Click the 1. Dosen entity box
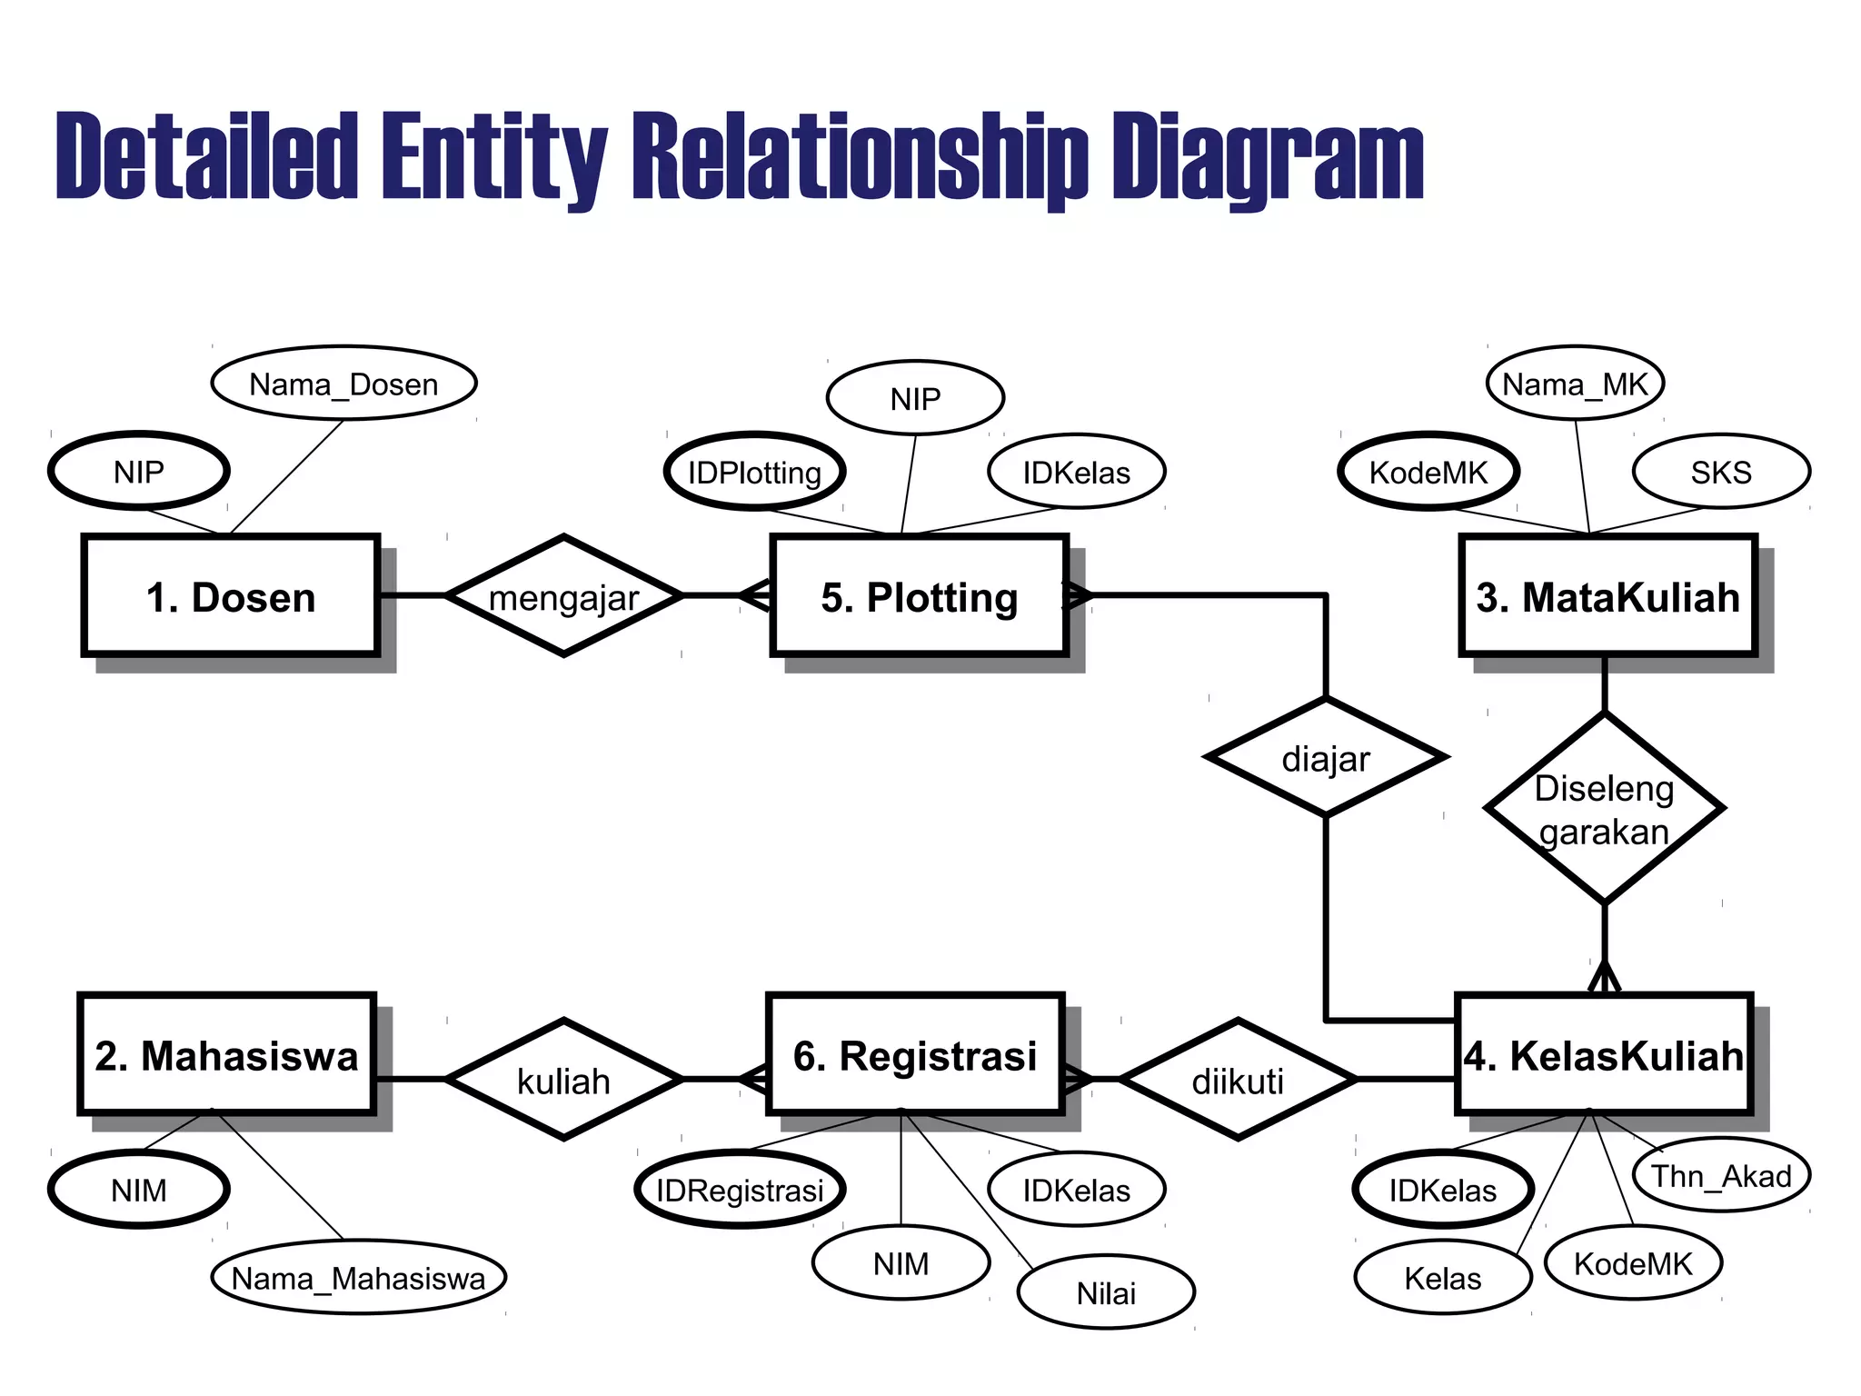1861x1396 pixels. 231,596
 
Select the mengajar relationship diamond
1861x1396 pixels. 563,596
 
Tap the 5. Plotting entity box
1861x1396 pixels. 919,596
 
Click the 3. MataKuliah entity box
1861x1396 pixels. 1607,596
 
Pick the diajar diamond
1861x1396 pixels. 1326,757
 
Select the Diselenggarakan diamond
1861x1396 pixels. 1604,809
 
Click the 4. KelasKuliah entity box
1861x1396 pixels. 1604,1054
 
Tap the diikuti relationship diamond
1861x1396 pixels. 1238,1080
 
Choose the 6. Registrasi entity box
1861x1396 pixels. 915,1054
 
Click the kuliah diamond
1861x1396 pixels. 563,1080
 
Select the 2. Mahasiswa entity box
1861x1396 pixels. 227,1054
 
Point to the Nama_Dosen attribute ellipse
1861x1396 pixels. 343,384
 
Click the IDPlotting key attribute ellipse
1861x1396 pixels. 754,472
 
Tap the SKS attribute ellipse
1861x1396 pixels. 1721,472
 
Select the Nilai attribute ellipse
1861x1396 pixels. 1106,1292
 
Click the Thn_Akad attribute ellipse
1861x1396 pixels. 1721,1175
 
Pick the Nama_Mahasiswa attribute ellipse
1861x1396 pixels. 358,1278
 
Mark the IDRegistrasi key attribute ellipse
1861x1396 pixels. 740,1190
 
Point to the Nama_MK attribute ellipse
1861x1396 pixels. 1575,384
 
